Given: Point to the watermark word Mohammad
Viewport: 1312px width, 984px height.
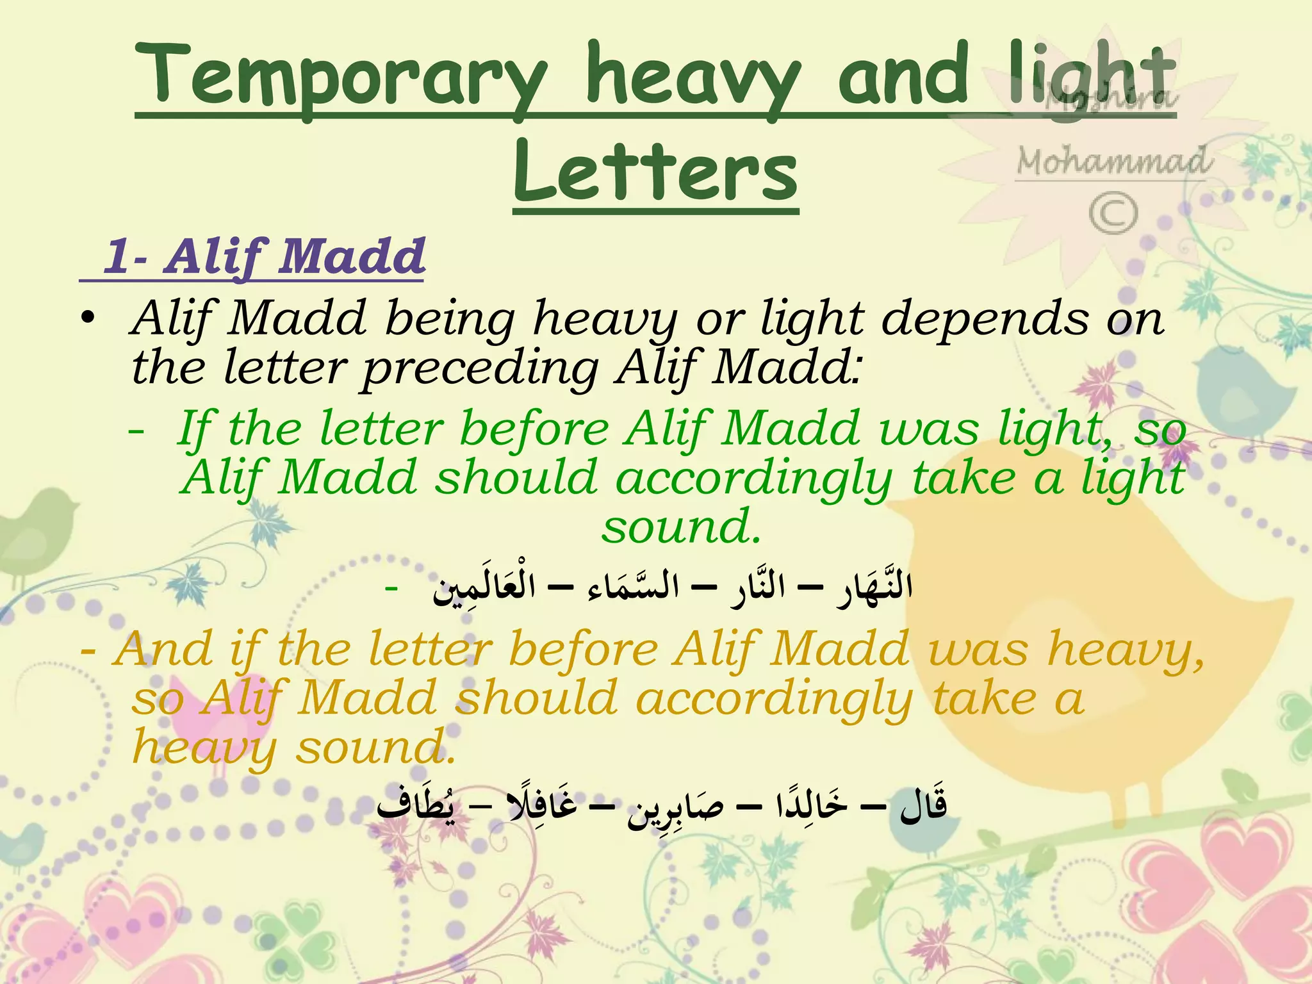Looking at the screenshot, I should tap(1113, 161).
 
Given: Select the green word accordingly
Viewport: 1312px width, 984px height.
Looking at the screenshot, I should tap(753, 478).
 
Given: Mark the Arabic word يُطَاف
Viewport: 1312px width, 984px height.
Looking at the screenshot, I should tap(416, 805).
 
